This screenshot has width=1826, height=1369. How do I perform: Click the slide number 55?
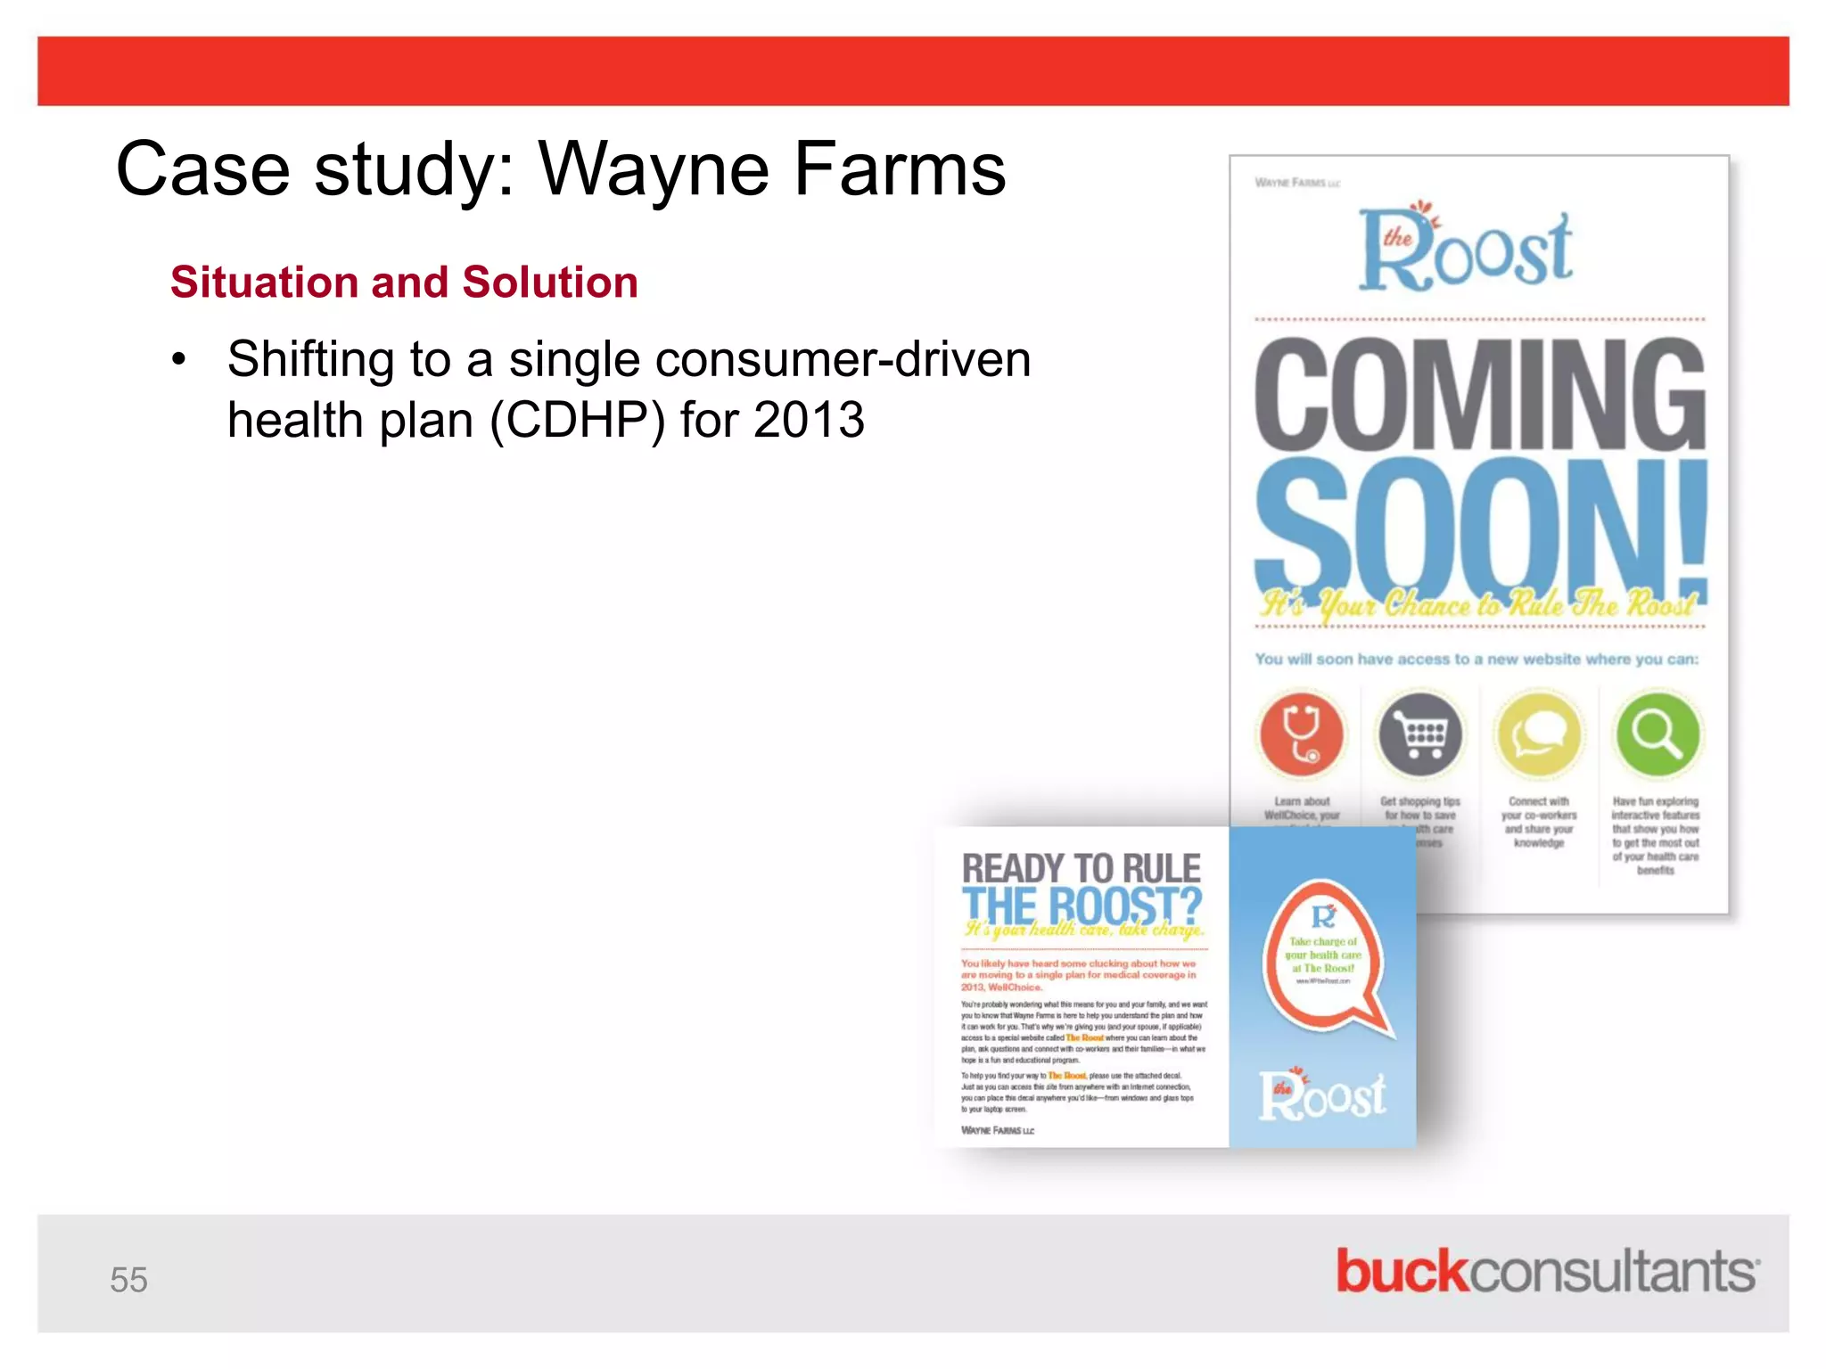click(x=128, y=1279)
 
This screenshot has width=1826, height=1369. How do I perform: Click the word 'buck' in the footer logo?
click(x=1401, y=1271)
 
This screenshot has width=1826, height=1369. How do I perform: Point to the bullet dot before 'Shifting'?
click(x=180, y=361)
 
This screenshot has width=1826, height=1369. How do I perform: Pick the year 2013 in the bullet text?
click(x=809, y=420)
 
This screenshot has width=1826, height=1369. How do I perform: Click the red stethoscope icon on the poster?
click(x=1302, y=734)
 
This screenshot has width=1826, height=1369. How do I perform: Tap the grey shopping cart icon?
click(x=1420, y=734)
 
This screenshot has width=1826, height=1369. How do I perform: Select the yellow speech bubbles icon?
click(x=1539, y=734)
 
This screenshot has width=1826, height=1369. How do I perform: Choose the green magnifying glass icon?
click(x=1657, y=734)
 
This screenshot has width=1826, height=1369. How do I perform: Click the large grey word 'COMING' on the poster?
click(x=1479, y=394)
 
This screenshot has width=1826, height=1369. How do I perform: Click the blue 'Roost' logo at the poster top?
click(x=1466, y=248)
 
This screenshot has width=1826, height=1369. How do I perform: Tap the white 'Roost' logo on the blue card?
click(x=1322, y=1094)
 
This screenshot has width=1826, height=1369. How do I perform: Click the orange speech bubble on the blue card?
click(x=1325, y=956)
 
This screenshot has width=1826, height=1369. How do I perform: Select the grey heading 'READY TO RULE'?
click(x=1081, y=868)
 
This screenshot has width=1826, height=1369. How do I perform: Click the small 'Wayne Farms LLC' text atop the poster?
click(x=1297, y=183)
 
